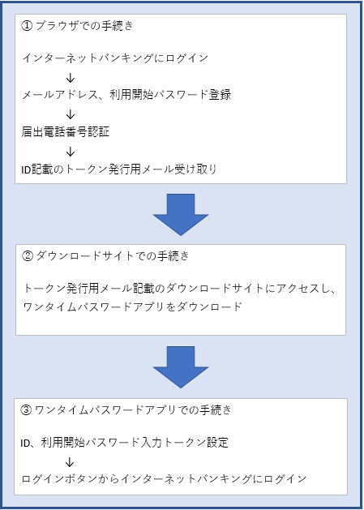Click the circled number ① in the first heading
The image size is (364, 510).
click(27, 26)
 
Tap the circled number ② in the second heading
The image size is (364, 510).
click(28, 256)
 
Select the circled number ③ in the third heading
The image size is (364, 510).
click(26, 409)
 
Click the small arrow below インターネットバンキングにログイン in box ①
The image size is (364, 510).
click(71, 78)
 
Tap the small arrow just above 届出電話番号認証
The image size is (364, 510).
click(71, 114)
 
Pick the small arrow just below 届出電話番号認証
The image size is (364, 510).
click(71, 152)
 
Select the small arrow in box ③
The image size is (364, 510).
click(69, 462)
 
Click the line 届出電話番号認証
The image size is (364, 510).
click(66, 132)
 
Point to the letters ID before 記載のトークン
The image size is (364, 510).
click(26, 169)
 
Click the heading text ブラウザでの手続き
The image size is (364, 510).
click(84, 26)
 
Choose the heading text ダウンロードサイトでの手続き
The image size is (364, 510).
click(112, 256)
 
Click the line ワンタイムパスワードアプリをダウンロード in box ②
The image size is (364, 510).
click(133, 306)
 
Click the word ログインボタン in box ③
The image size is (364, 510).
click(59, 479)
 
